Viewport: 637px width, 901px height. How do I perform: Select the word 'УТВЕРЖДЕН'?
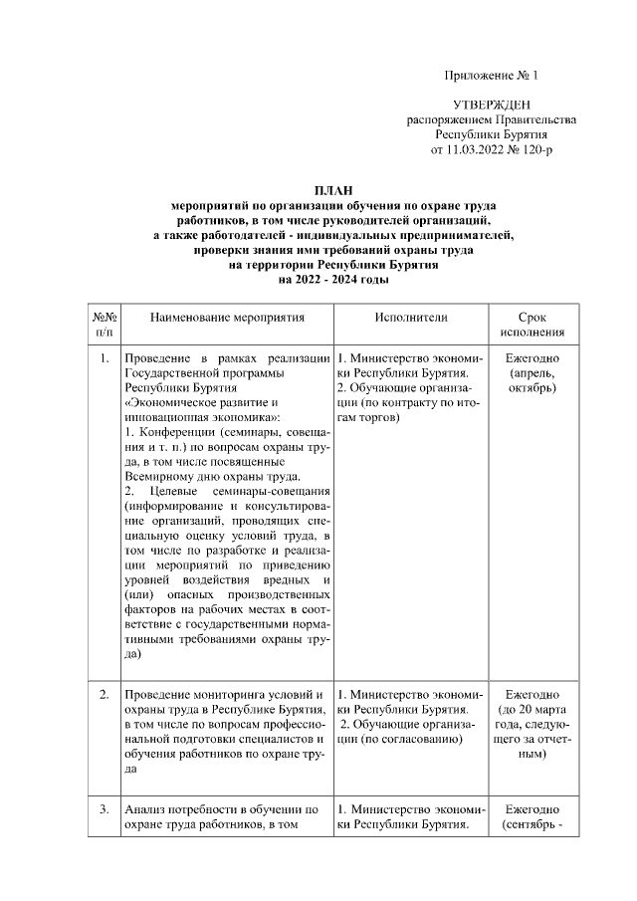click(x=491, y=105)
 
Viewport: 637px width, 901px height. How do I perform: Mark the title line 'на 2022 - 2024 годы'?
click(x=332, y=282)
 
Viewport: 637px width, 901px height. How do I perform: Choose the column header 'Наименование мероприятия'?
click(x=227, y=317)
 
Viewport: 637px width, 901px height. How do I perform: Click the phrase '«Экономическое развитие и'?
click(x=188, y=403)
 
